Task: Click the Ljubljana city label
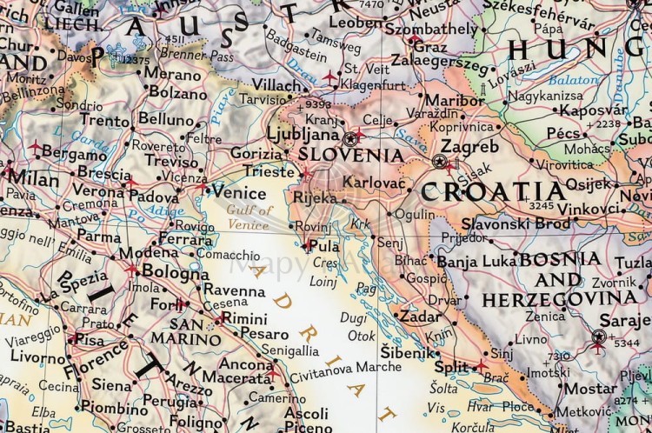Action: click(x=302, y=135)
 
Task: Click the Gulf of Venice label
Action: click(x=249, y=216)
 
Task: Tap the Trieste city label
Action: click(x=269, y=171)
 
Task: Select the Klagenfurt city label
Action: click(x=375, y=84)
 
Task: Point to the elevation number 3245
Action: click(x=541, y=206)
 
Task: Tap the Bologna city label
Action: click(x=175, y=271)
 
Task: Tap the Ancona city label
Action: click(x=245, y=364)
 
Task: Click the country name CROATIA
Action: click(x=493, y=191)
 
